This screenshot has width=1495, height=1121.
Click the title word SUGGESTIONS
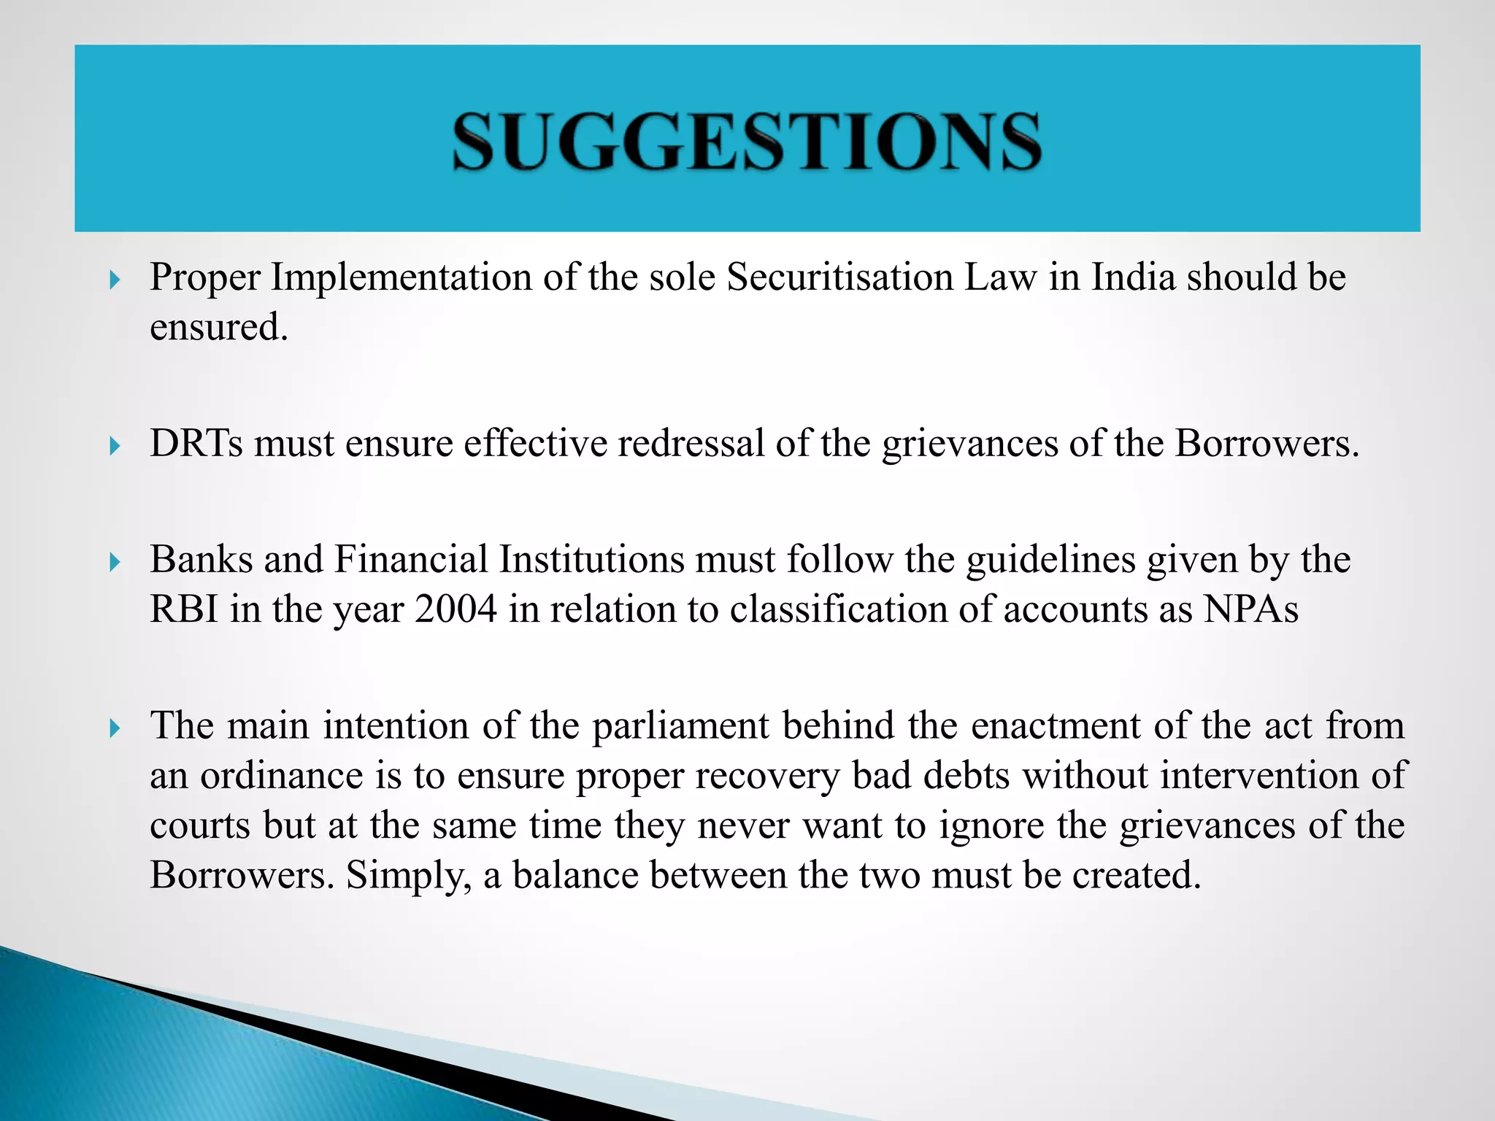(747, 142)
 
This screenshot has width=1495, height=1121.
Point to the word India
(1134, 278)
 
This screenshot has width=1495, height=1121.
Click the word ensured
(218, 328)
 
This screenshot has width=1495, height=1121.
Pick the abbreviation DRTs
(196, 444)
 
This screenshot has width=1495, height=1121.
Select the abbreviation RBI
(184, 609)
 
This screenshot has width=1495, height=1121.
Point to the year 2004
(456, 609)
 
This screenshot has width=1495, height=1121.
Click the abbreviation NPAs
(1251, 609)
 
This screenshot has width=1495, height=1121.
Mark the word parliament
(680, 727)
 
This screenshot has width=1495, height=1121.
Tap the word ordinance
(282, 776)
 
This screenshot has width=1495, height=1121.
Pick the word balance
(575, 875)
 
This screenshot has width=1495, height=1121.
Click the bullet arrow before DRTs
(115, 445)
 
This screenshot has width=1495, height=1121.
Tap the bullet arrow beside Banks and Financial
(115, 562)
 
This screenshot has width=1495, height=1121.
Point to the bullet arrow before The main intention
(115, 728)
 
